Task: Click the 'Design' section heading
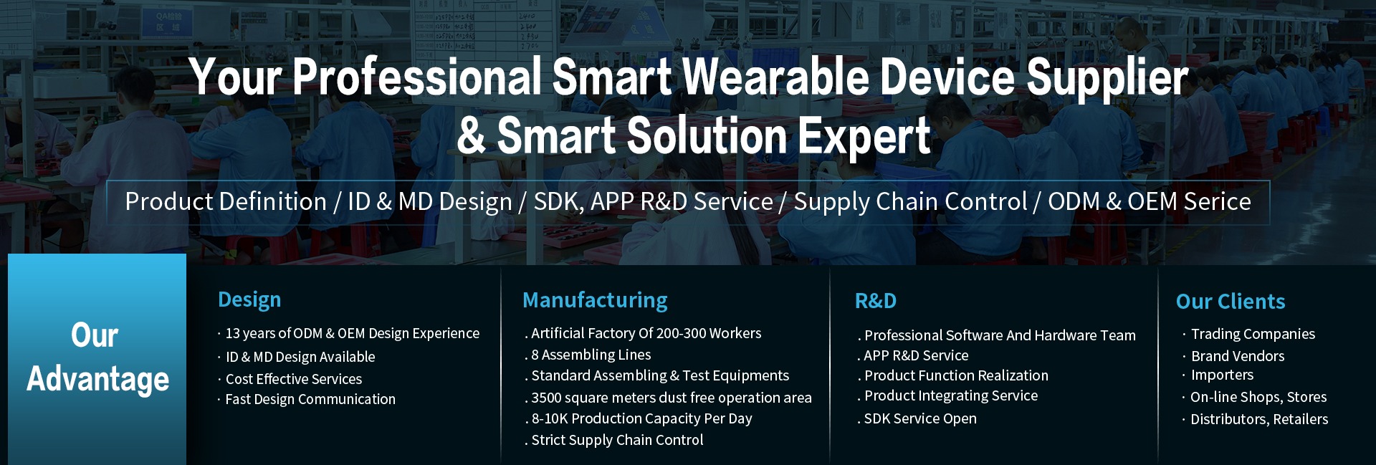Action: (x=249, y=300)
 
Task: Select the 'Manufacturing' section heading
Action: (x=595, y=300)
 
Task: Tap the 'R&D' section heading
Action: (x=876, y=301)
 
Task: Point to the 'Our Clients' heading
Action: (x=1231, y=302)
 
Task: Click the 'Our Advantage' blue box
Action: (x=97, y=359)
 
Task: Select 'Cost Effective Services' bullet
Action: (x=294, y=379)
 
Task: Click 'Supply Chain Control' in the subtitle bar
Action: (x=910, y=202)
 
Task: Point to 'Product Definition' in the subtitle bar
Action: (x=226, y=202)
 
